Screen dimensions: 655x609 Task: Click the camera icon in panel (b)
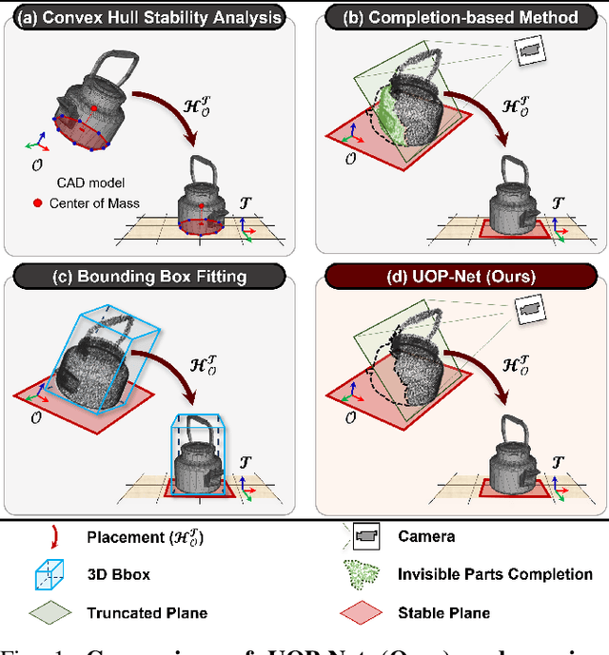tap(525, 50)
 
